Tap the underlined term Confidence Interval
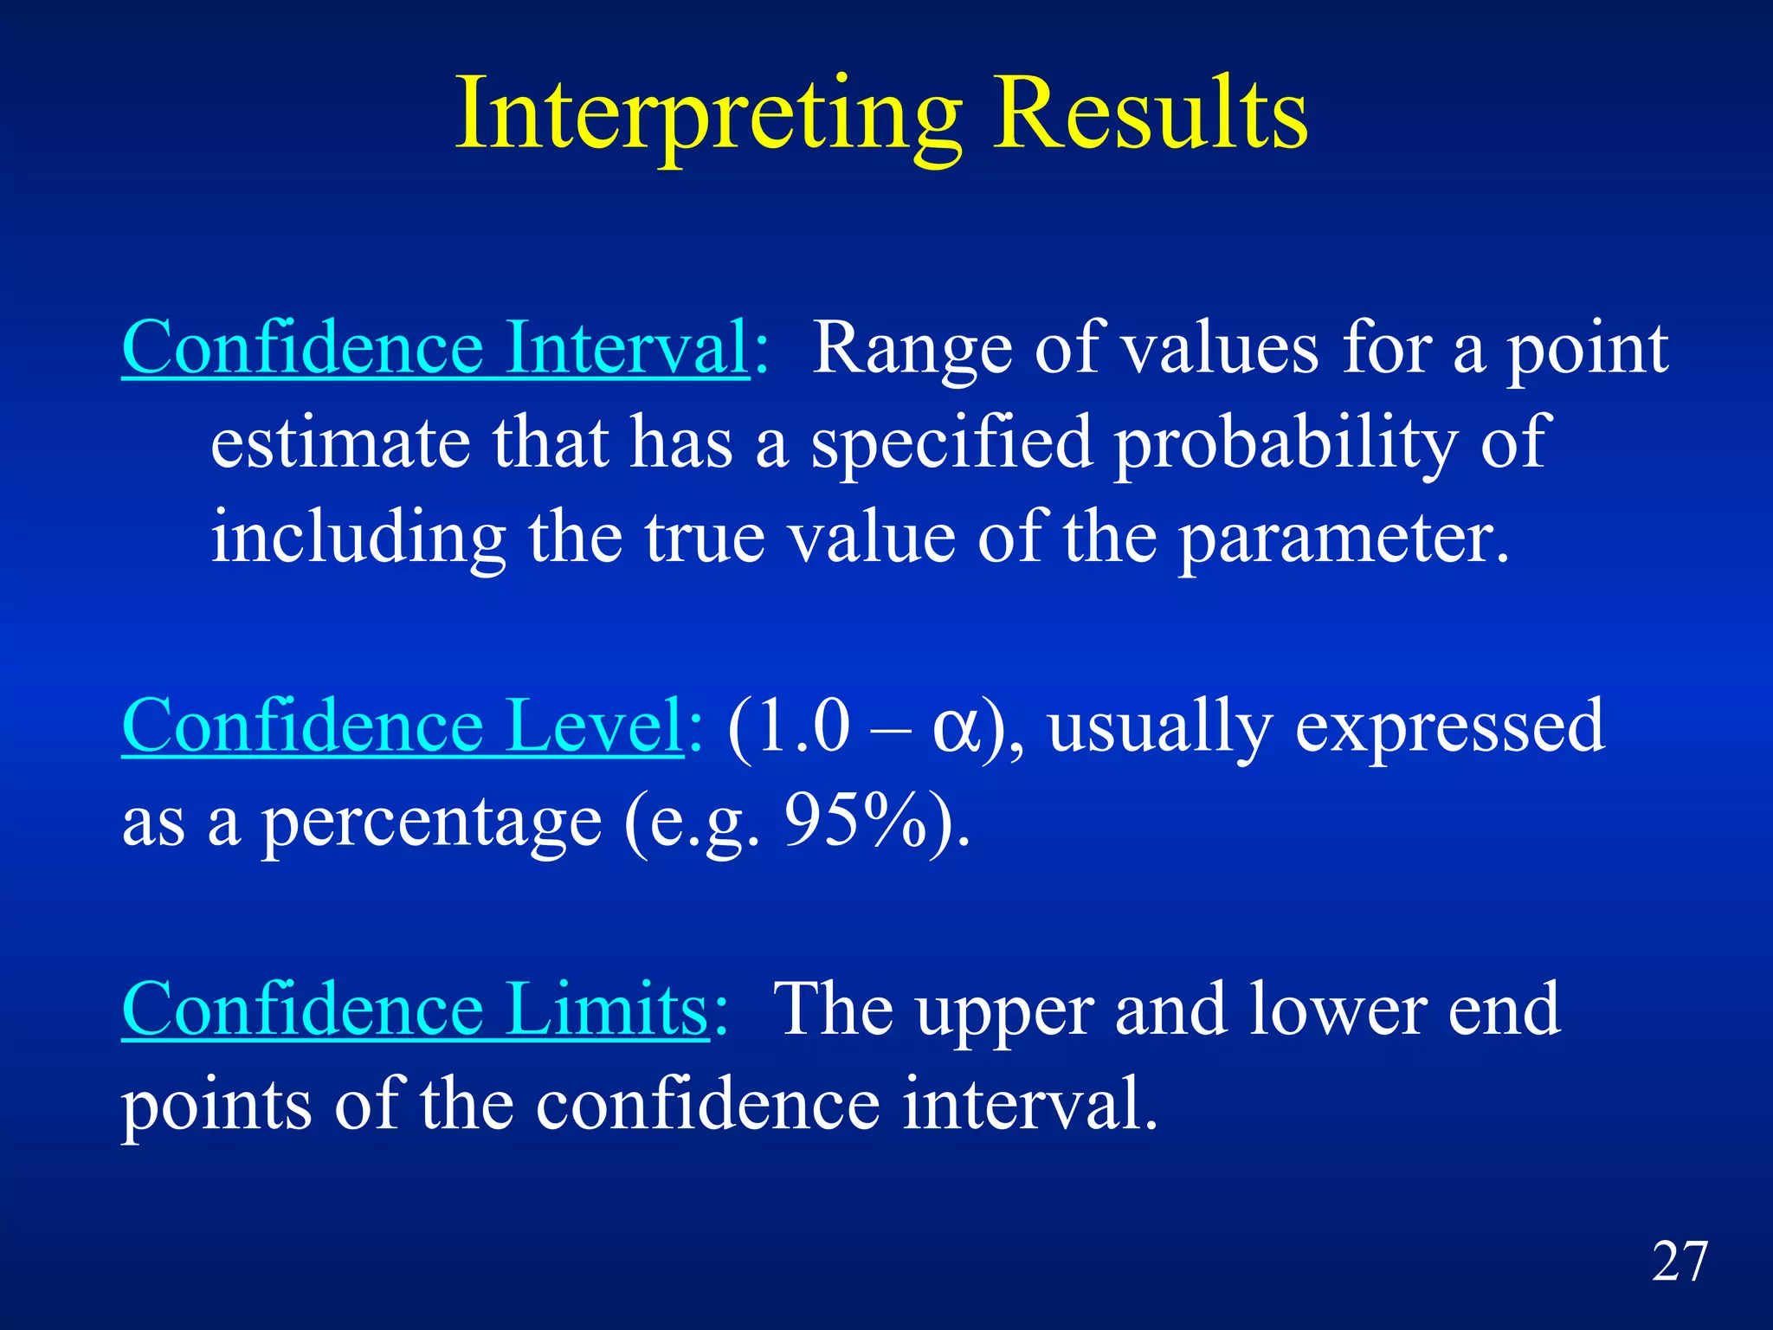pos(435,348)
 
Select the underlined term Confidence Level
pos(403,726)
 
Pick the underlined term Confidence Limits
pos(416,1010)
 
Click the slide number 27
pos(1680,1262)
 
